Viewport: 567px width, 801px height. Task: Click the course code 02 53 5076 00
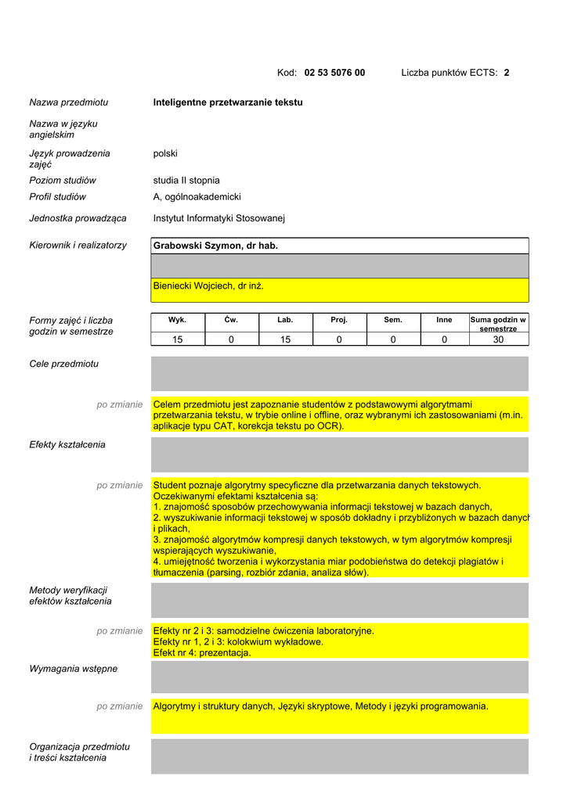tap(334, 73)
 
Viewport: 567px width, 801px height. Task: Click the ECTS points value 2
tap(507, 73)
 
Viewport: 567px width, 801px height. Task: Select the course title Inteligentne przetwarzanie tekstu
tap(228, 102)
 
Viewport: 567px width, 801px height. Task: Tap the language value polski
tap(165, 153)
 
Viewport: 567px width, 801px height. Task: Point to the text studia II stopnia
tap(186, 180)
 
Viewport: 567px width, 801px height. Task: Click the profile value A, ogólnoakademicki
tap(197, 197)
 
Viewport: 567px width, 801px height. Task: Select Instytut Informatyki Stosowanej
tap(219, 218)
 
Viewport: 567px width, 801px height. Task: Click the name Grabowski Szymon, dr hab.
tap(215, 246)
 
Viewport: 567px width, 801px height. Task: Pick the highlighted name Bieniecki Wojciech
tap(208, 286)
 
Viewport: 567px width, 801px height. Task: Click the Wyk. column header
tap(178, 320)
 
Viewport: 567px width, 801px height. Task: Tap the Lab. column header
tap(285, 320)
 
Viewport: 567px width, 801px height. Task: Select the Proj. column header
tap(339, 320)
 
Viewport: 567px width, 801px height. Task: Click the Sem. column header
tap(392, 320)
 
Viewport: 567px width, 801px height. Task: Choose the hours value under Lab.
tap(285, 339)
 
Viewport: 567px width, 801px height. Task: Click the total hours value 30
tap(498, 339)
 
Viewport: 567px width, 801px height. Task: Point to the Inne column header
tap(444, 320)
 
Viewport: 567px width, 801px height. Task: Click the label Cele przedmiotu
tap(64, 364)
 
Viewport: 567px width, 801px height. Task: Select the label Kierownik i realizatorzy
tap(78, 246)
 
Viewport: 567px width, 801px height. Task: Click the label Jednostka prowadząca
tap(78, 218)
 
